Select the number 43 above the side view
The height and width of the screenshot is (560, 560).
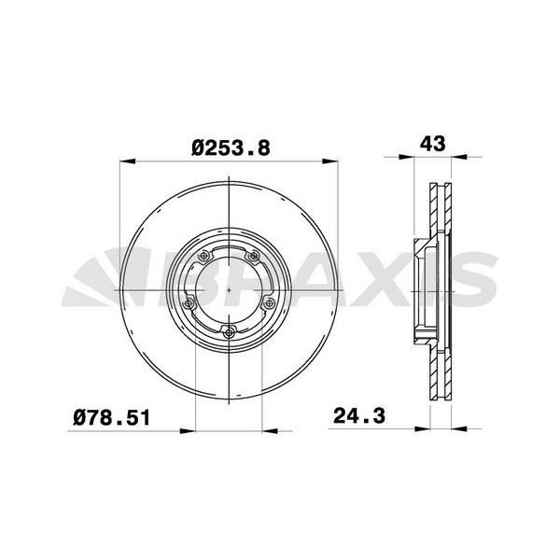(x=433, y=144)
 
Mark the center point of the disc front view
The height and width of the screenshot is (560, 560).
(x=230, y=289)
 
